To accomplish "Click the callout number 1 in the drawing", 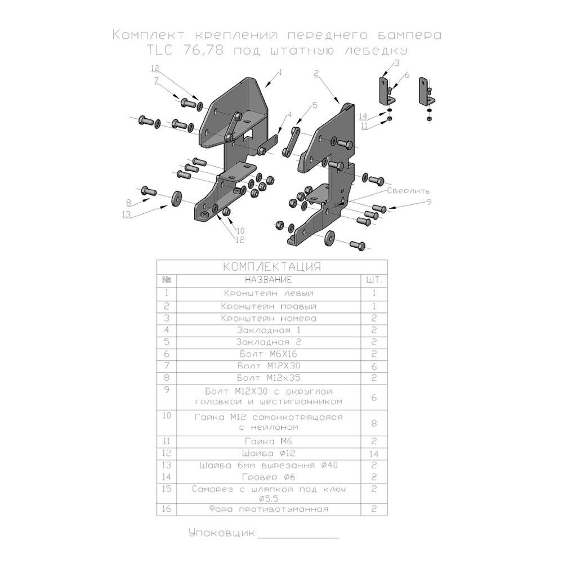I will point(279,73).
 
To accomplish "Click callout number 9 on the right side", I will point(428,202).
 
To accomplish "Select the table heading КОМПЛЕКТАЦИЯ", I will point(272,266).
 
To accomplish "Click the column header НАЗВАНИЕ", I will point(268,279).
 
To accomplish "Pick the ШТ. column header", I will point(373,279).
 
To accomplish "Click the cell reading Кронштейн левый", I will point(268,293).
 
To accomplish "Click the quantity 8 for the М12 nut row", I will point(373,423).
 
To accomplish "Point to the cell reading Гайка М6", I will point(267,441).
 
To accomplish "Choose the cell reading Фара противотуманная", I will point(268,510).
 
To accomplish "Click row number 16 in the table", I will point(166,510).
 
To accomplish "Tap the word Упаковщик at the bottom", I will point(222,533).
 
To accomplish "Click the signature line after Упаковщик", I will point(298,537).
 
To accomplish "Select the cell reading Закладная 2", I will point(268,342).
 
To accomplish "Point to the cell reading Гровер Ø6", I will point(268,477).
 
